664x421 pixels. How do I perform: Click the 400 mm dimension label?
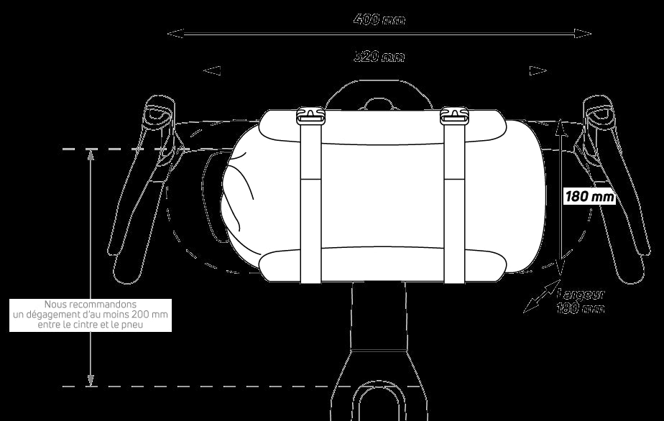pyautogui.click(x=379, y=19)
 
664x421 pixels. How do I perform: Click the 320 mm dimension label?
pyautogui.click(x=379, y=56)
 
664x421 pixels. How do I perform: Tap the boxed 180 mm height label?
pyautogui.click(x=591, y=196)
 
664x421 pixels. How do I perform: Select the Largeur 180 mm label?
pyautogui.click(x=581, y=301)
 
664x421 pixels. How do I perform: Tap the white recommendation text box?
pyautogui.click(x=91, y=315)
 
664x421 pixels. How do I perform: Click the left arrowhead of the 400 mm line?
pyautogui.click(x=171, y=33)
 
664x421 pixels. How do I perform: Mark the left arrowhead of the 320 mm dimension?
pyautogui.click(x=211, y=70)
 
